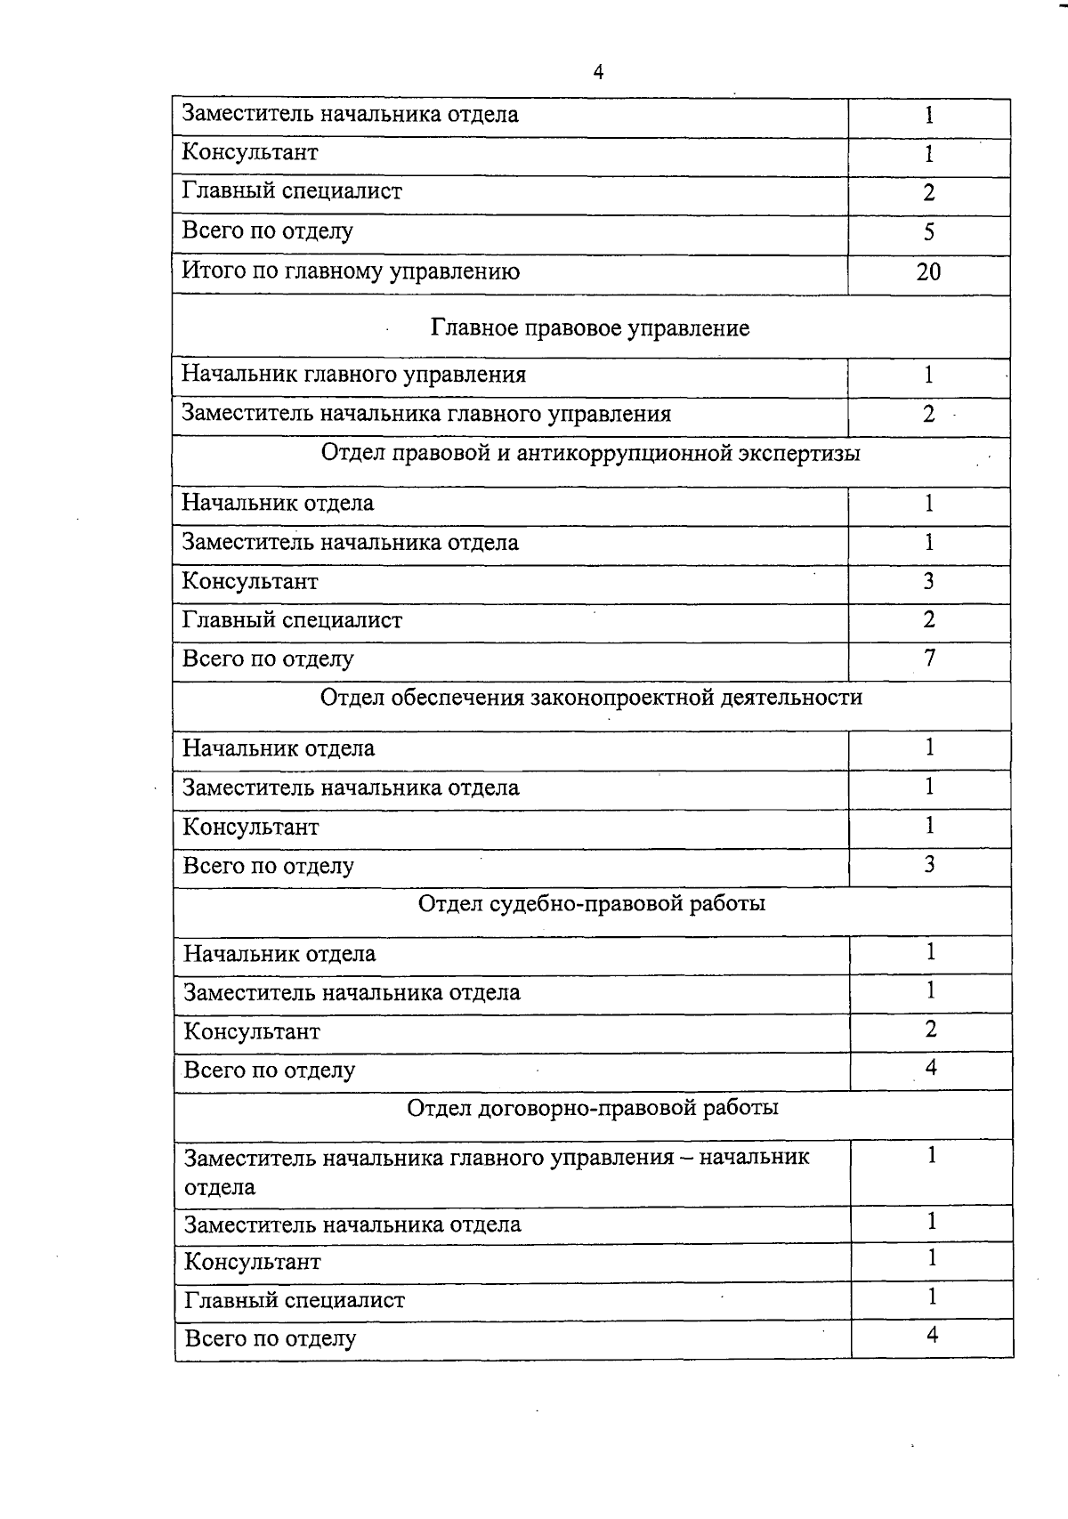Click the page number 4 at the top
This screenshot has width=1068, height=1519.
[x=598, y=73]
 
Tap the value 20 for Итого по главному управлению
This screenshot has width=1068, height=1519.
[x=928, y=272]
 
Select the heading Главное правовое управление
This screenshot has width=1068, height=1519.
[x=590, y=328]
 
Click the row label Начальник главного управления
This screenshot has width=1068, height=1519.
[x=353, y=375]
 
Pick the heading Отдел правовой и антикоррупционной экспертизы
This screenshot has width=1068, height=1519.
[x=590, y=454]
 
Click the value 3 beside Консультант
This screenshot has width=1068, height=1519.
[x=929, y=582]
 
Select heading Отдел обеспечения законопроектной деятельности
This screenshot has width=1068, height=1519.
[x=591, y=697]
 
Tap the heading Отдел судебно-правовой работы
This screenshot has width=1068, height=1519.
[x=592, y=904]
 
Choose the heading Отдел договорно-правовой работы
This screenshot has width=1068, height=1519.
[x=593, y=1108]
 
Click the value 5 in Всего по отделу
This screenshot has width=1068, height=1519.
[x=929, y=232]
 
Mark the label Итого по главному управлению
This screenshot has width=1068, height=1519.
[x=351, y=271]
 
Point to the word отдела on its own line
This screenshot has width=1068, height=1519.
[x=220, y=1187]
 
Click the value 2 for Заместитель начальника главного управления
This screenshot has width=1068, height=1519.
[x=929, y=414]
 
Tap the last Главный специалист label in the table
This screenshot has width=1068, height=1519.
[x=294, y=1301]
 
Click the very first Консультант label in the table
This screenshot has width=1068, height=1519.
[x=249, y=152]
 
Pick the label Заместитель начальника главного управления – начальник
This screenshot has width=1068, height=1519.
[x=497, y=1158]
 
